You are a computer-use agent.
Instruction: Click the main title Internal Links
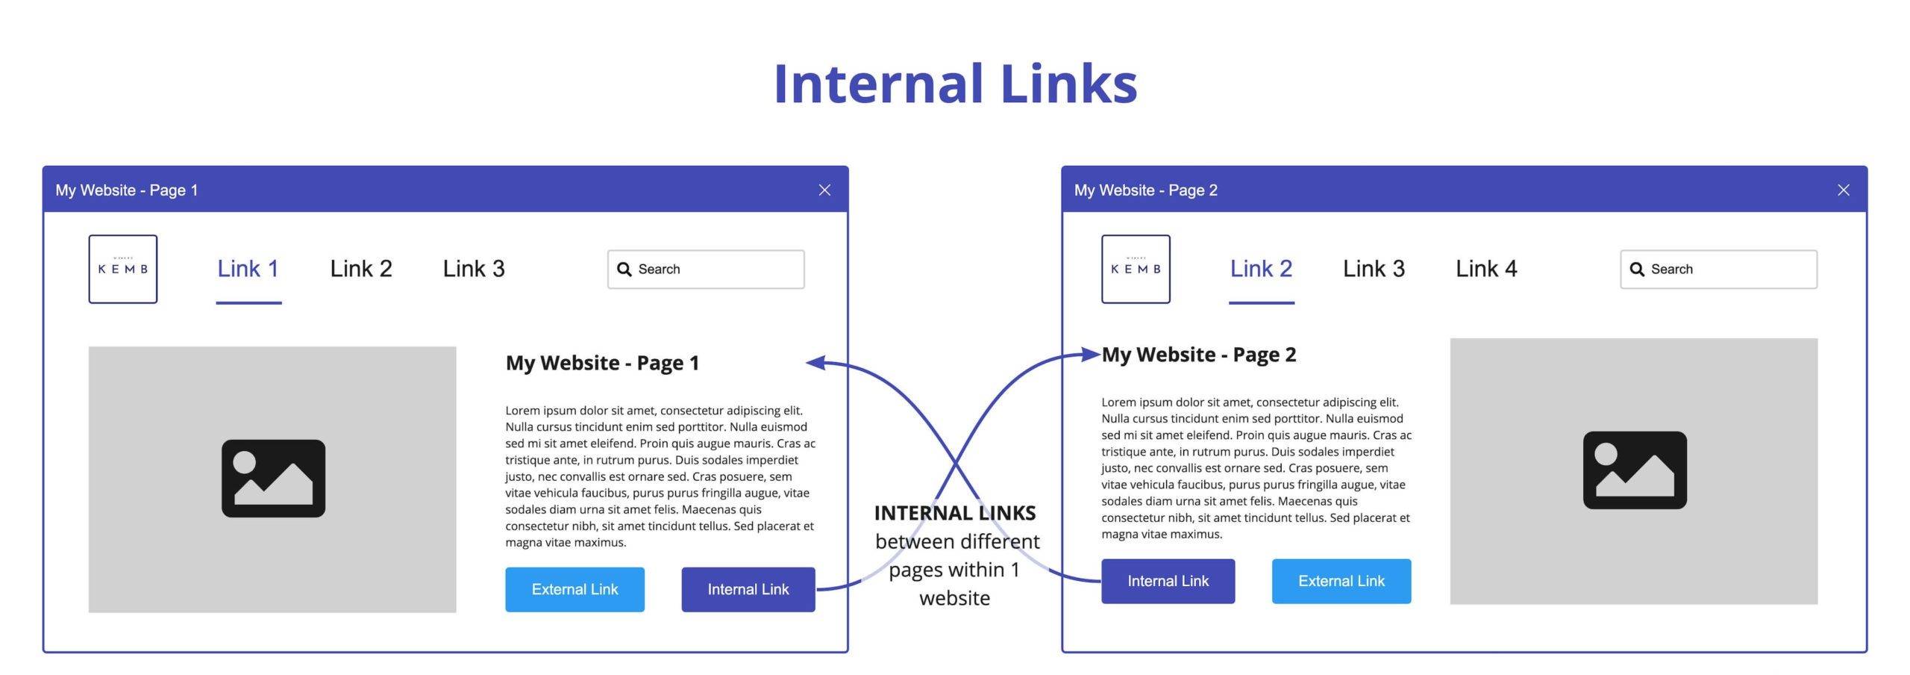pos(955,84)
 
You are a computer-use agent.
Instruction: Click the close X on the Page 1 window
pos(824,190)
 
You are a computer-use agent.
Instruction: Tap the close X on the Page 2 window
pos(1844,190)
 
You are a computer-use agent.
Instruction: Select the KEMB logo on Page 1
pos(123,269)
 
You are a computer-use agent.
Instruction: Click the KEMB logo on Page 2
pos(1136,269)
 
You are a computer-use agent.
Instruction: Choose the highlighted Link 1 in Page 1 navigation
pos(248,269)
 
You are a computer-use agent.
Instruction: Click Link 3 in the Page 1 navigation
pos(474,269)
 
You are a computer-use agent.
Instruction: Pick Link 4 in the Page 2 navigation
pos(1486,269)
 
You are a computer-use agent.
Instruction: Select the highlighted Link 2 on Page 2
pos(1261,269)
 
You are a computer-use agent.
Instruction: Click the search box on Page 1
pos(706,270)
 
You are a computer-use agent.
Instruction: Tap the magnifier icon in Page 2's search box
pos(1637,270)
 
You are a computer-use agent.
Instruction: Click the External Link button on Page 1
pos(574,590)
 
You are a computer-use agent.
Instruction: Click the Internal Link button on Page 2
pos(1168,581)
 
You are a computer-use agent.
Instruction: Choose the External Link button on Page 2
pos(1341,581)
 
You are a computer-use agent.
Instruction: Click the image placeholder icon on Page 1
pos(273,479)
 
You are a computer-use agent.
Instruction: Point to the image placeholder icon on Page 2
pos(1635,470)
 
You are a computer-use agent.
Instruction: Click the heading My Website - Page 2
pos(1199,355)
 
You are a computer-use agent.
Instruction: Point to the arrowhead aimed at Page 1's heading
pos(815,362)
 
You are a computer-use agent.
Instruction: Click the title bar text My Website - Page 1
pos(127,190)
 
